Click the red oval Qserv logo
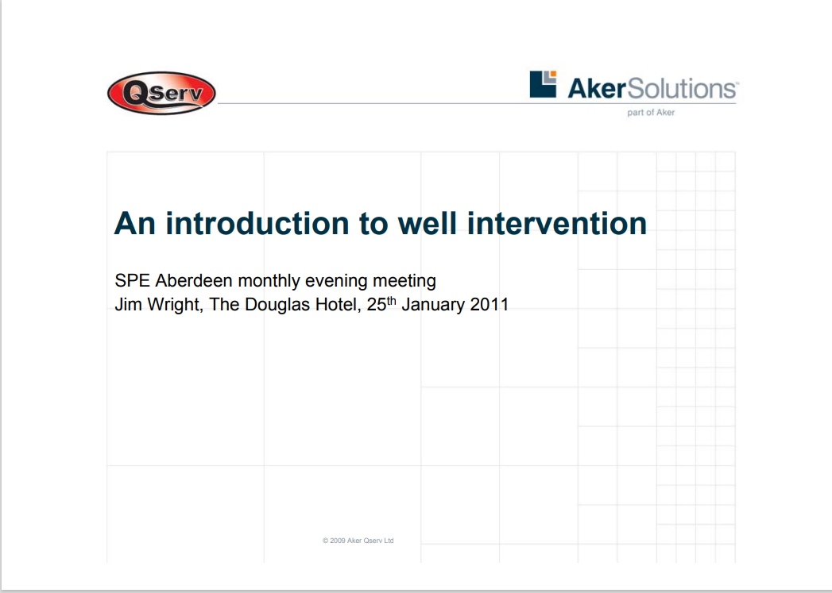(162, 93)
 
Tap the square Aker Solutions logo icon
(543, 84)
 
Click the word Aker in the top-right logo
(597, 88)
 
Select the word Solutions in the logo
(683, 88)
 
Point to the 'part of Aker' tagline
(651, 113)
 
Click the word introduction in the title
(257, 223)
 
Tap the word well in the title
(428, 223)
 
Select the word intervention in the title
(557, 223)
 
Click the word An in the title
(135, 223)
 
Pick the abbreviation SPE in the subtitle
(132, 280)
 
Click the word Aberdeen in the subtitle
(194, 280)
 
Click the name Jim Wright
(158, 304)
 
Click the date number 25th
(381, 304)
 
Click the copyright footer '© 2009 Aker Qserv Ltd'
(358, 541)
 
